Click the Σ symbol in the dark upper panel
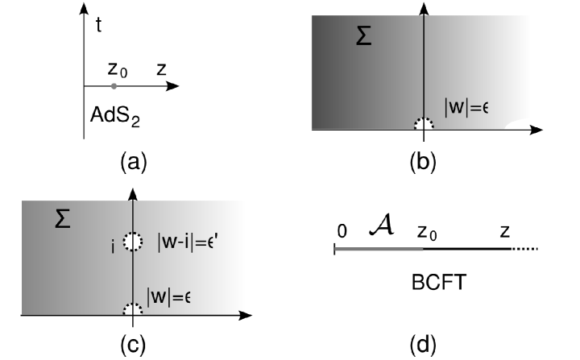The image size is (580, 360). (x=363, y=36)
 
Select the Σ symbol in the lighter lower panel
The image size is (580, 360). (x=62, y=218)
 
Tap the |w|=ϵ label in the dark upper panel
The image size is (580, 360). (x=466, y=107)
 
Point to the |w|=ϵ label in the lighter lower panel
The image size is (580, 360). (x=168, y=296)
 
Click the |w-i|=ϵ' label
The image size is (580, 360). (x=187, y=241)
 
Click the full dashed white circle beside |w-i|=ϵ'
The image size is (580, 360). (x=132, y=242)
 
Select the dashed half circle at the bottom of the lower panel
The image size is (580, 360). (x=132, y=309)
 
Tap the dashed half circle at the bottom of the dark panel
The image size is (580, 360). (x=424, y=124)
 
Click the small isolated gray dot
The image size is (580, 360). (x=114, y=86)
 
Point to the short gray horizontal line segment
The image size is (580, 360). (x=379, y=249)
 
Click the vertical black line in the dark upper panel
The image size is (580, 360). (x=424, y=64)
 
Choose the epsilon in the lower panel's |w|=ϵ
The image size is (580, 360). (x=187, y=297)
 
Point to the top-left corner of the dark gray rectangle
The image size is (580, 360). (x=312, y=16)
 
